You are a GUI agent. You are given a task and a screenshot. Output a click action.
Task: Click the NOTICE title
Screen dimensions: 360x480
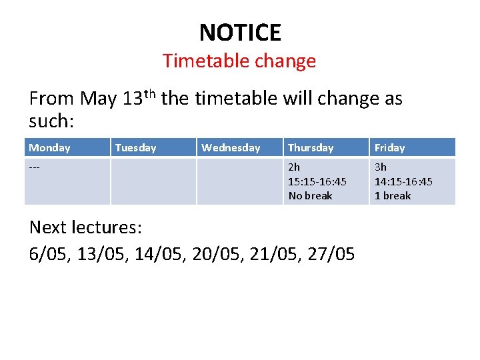pyautogui.click(x=240, y=32)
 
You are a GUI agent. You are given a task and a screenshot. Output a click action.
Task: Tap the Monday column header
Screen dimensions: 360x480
pyautogui.click(x=49, y=148)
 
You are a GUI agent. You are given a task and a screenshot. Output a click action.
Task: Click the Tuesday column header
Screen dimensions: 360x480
pyautogui.click(x=135, y=148)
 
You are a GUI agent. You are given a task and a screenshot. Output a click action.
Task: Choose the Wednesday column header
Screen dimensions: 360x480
pyautogui.click(x=231, y=148)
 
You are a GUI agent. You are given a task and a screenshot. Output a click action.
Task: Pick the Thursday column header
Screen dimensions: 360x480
pyautogui.click(x=311, y=148)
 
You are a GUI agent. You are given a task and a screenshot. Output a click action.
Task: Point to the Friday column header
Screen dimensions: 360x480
pyautogui.click(x=389, y=148)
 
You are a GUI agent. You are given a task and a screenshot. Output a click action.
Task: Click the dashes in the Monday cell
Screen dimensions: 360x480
pyautogui.click(x=35, y=167)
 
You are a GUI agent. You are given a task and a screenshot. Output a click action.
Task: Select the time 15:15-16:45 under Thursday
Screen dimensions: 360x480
pyautogui.click(x=317, y=181)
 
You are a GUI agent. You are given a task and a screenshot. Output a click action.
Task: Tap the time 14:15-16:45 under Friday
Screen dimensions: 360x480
pyautogui.click(x=403, y=181)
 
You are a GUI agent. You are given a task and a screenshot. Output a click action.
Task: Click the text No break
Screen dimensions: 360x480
pyautogui.click(x=310, y=196)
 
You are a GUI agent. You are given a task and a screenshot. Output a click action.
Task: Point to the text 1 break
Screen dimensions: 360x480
pyautogui.click(x=393, y=196)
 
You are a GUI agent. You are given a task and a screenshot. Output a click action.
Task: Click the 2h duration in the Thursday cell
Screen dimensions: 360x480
pyautogui.click(x=294, y=167)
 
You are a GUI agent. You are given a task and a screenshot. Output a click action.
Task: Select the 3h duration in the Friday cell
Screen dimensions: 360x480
pyautogui.click(x=380, y=167)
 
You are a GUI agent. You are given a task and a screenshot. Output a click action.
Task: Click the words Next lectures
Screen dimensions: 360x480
pyautogui.click(x=85, y=227)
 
